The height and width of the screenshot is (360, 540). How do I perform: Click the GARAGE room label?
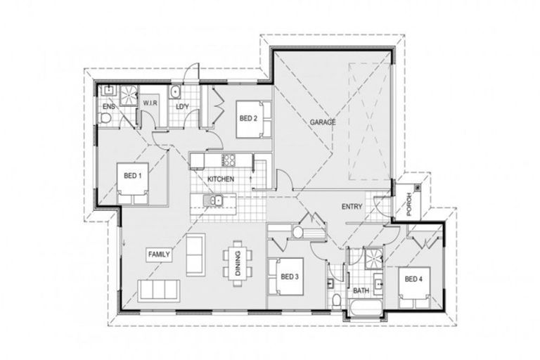click(323, 122)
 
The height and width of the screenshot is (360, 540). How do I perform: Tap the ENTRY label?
click(352, 207)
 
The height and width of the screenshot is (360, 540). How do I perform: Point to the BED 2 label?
click(247, 117)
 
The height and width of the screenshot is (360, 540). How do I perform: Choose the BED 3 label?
click(289, 277)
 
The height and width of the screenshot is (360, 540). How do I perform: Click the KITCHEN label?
click(220, 179)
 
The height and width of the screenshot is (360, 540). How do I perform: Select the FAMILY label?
click(159, 254)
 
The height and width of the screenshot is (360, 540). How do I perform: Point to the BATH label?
click(361, 290)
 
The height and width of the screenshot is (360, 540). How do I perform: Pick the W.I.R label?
click(149, 103)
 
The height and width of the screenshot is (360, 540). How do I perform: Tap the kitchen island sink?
click(214, 202)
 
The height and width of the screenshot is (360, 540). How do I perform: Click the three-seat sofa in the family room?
click(159, 290)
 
